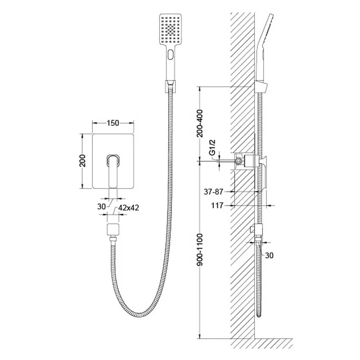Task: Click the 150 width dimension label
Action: [x=113, y=123]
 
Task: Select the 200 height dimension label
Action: [x=82, y=161]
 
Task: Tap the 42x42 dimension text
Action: [x=129, y=208]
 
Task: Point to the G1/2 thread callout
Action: [x=213, y=147]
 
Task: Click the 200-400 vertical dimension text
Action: [x=200, y=123]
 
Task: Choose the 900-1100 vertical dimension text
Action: [x=200, y=249]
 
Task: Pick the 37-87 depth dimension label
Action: [x=213, y=191]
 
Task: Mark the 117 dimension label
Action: [x=217, y=205]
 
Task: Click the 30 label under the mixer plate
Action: [x=102, y=207]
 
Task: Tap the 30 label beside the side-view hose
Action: [x=269, y=255]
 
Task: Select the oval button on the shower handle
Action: [x=171, y=55]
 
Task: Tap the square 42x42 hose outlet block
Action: [x=113, y=229]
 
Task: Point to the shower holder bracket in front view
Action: [x=170, y=86]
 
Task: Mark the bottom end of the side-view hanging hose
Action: [x=259, y=316]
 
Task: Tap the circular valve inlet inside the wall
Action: [x=239, y=161]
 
